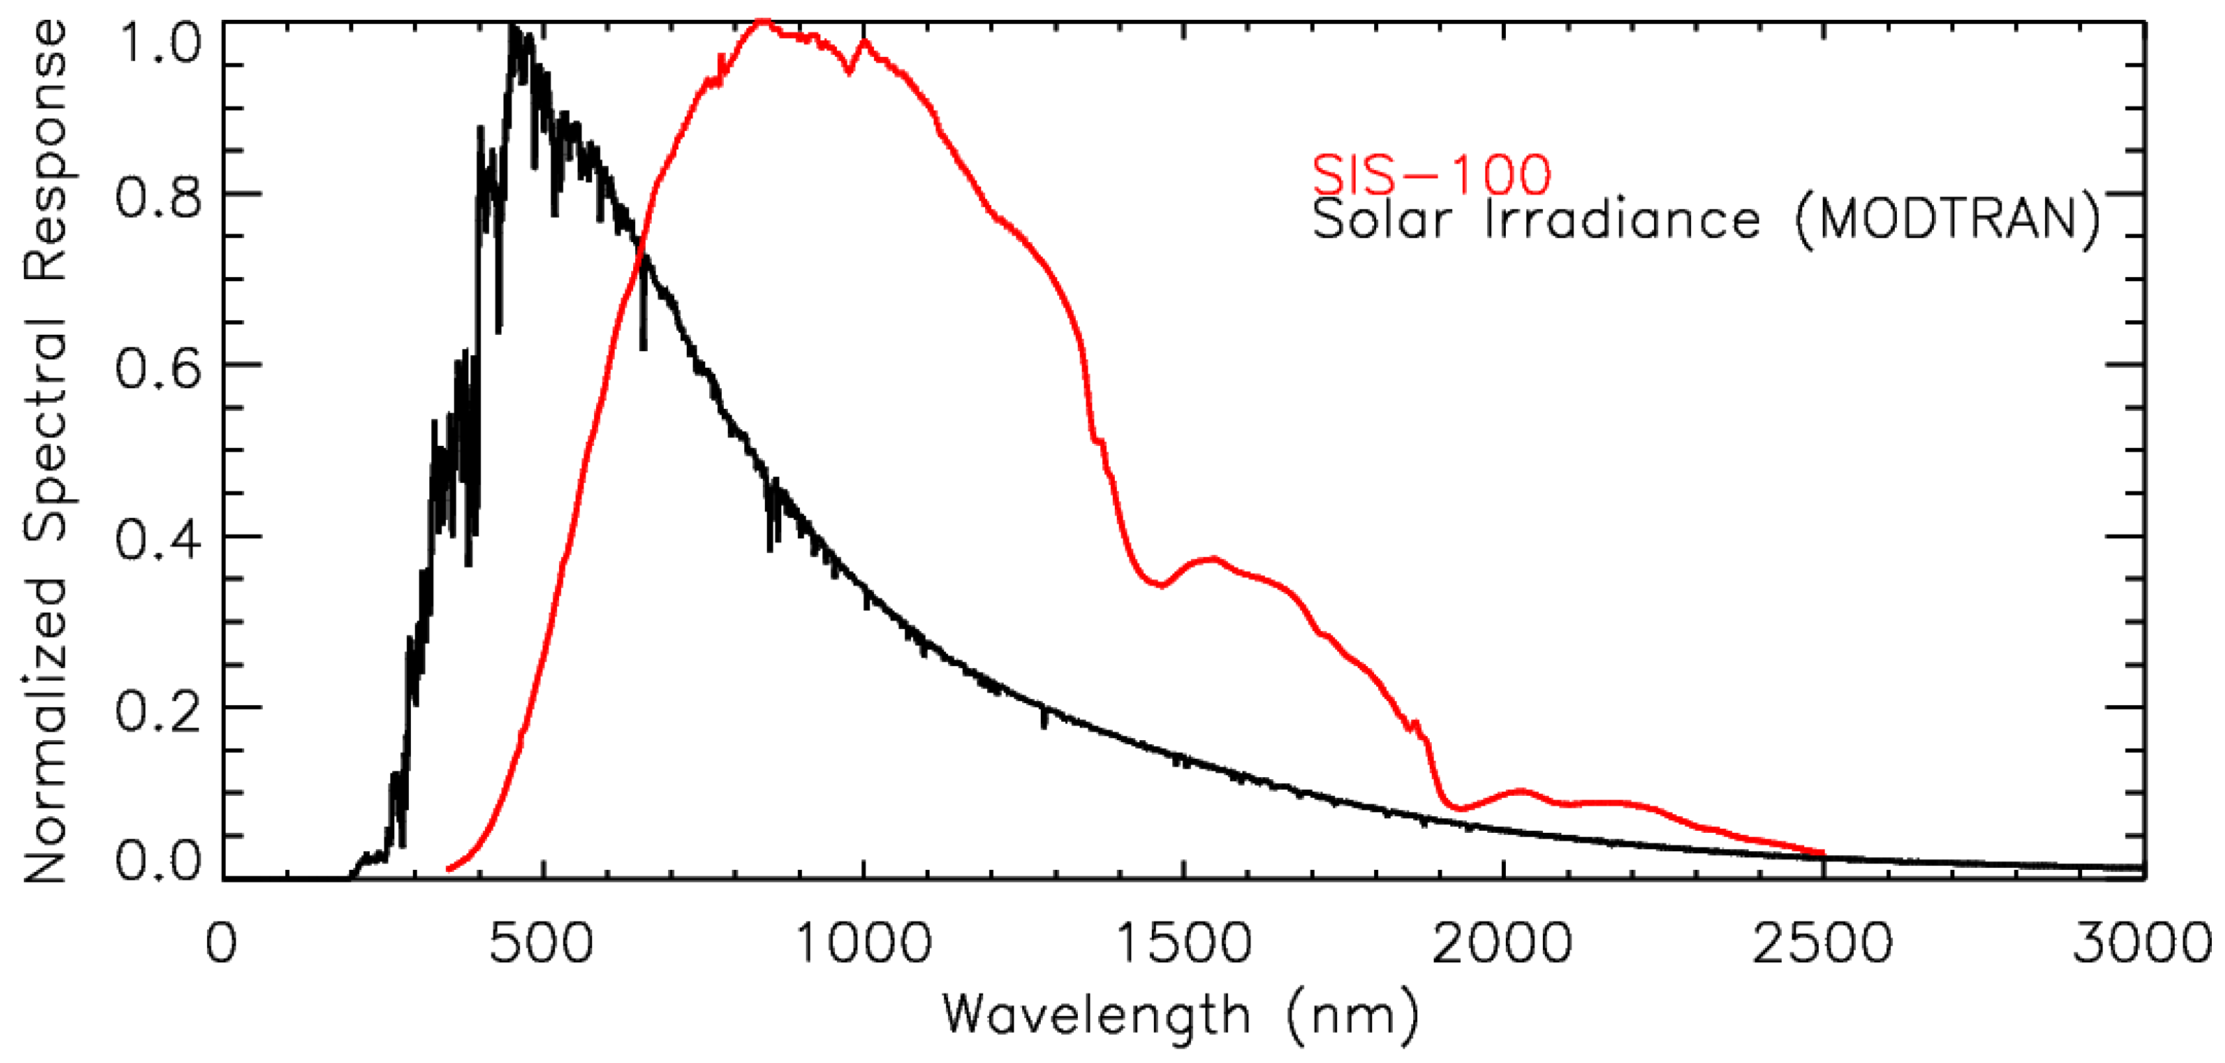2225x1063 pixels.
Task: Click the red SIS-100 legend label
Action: [x=1431, y=175]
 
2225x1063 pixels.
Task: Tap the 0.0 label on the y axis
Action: [x=158, y=862]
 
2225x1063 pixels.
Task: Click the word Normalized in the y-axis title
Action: [x=45, y=730]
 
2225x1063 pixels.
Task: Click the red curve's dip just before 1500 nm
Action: [x=1162, y=585]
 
